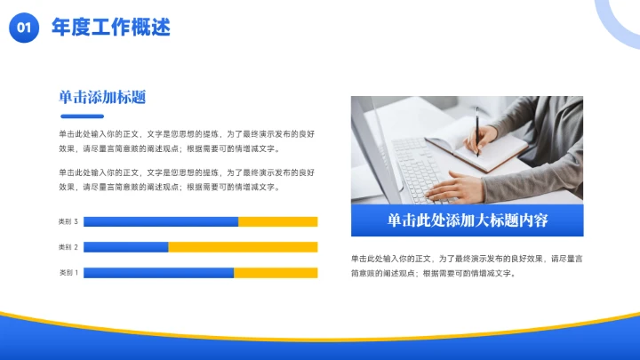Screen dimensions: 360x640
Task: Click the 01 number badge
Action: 23,28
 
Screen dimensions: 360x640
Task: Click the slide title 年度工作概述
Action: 111,28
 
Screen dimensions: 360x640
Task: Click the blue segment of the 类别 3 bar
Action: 160,221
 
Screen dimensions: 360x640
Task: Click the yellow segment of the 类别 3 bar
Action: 278,221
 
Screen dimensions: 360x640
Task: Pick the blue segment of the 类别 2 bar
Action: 125,247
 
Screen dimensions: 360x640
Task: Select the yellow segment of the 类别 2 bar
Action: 243,247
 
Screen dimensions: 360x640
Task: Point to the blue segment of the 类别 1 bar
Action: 158,273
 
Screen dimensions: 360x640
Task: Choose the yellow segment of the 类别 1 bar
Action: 276,273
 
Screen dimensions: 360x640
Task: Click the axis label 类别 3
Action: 68,221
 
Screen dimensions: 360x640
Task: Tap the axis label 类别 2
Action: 68,247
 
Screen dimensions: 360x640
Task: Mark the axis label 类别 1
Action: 68,273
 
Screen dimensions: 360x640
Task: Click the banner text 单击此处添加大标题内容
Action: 467,220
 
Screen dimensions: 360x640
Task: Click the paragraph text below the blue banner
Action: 467,265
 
